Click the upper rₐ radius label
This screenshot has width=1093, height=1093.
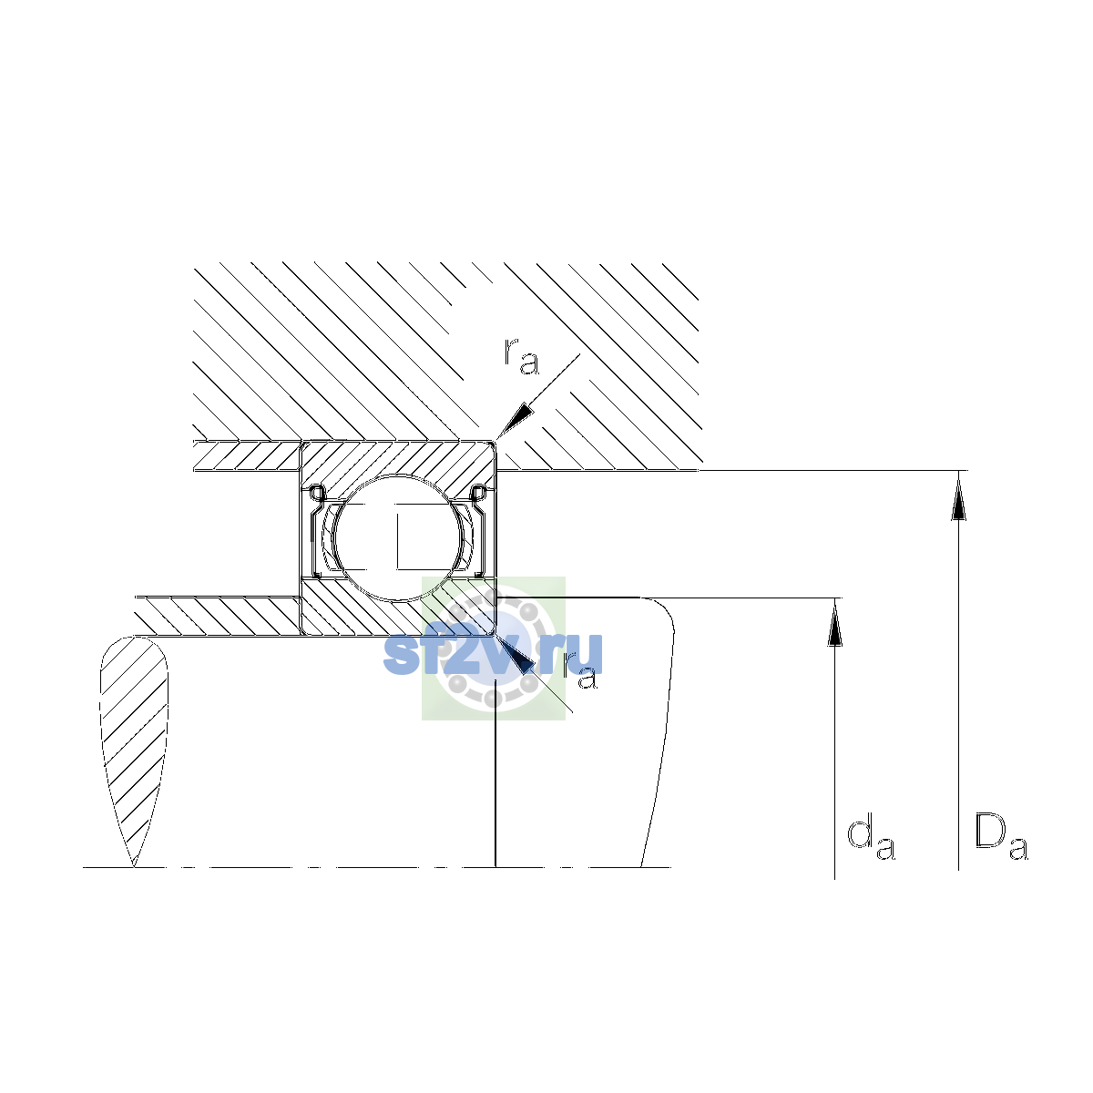click(521, 356)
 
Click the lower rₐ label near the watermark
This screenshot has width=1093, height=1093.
click(579, 671)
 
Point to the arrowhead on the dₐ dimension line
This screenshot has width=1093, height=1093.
click(834, 623)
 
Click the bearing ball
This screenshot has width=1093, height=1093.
click(399, 537)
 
